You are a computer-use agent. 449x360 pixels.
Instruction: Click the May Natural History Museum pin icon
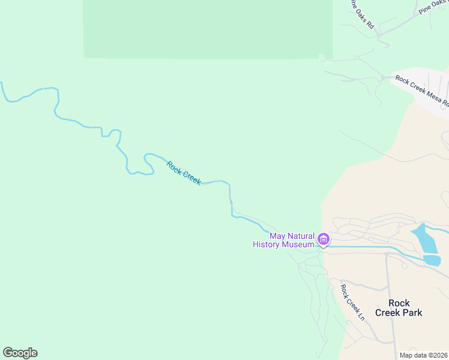click(324, 240)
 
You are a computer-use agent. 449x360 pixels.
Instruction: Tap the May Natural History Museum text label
click(284, 240)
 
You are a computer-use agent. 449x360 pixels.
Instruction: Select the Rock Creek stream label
click(183, 173)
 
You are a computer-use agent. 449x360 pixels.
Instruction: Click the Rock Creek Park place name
click(399, 308)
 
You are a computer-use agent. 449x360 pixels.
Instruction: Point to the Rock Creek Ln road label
click(353, 301)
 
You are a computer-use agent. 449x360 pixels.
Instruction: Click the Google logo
click(20, 353)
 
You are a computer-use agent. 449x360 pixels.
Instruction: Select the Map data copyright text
click(424, 355)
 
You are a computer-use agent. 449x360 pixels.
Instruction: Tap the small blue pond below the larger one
click(432, 260)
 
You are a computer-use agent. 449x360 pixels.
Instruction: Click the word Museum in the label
click(299, 245)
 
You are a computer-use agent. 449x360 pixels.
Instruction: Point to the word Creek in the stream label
click(191, 178)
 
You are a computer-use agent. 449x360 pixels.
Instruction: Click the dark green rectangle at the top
click(208, 29)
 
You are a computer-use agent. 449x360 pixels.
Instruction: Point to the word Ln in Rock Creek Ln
click(361, 314)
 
